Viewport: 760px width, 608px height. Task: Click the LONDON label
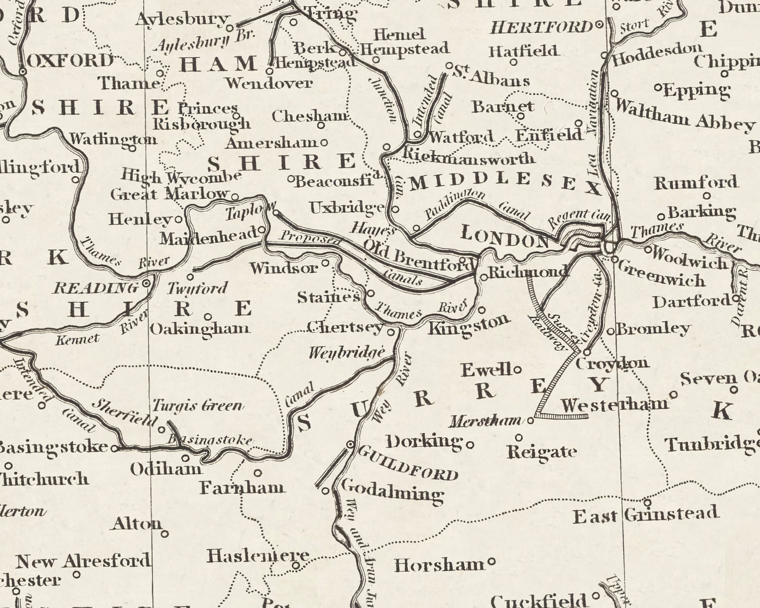pyautogui.click(x=504, y=237)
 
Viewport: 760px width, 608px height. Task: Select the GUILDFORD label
pyautogui.click(x=408, y=463)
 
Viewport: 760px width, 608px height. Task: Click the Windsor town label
pyautogui.click(x=284, y=267)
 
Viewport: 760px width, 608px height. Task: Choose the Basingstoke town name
pyautogui.click(x=53, y=447)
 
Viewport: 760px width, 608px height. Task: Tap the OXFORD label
pyautogui.click(x=70, y=60)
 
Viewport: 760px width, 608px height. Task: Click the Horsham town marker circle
pyautogui.click(x=491, y=561)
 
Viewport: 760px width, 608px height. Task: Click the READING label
pyautogui.click(x=95, y=288)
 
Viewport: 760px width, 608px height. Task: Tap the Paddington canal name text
pyautogui.click(x=455, y=204)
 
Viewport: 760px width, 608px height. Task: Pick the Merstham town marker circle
pyautogui.click(x=530, y=420)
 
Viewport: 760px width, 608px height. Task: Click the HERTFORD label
pyautogui.click(x=541, y=27)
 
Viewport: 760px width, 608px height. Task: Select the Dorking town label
pyautogui.click(x=424, y=441)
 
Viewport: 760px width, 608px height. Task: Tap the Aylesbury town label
pyautogui.click(x=181, y=19)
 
